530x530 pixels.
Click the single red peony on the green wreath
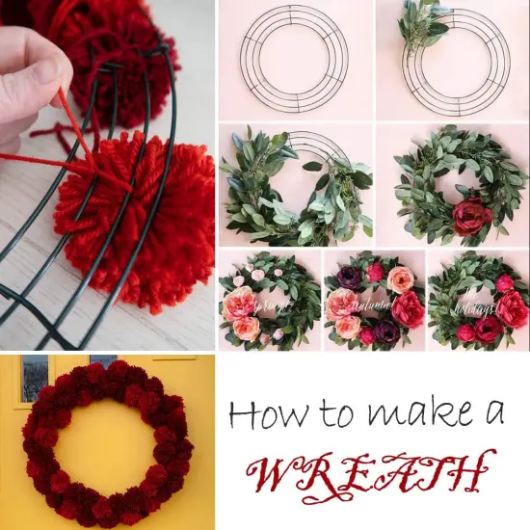point(472,216)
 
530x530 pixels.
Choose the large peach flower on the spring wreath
point(239,306)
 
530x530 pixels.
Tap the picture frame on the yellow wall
point(35,375)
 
